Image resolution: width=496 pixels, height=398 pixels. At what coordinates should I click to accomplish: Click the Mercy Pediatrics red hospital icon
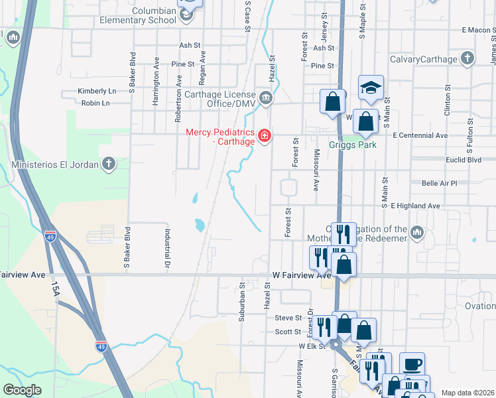[x=265, y=136]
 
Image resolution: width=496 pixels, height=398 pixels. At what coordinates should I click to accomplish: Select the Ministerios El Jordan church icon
[x=109, y=163]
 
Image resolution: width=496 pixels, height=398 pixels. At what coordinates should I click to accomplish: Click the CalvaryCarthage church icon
[x=467, y=59]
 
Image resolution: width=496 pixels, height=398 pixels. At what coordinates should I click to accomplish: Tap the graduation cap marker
[x=371, y=87]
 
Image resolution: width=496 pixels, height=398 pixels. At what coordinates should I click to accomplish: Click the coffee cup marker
[x=412, y=364]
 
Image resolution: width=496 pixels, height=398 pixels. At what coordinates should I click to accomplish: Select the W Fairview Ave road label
[x=301, y=275]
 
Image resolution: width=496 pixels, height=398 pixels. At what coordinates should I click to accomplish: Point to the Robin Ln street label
[x=95, y=103]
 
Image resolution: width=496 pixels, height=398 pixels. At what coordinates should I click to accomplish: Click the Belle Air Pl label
[x=440, y=183]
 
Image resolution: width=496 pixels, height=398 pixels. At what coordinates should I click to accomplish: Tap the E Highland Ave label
[x=416, y=206]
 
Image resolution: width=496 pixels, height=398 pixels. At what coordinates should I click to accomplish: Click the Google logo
[x=22, y=390]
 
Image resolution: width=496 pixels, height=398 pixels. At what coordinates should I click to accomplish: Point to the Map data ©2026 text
[x=467, y=393]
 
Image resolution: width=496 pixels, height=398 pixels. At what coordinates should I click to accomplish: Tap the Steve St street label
[x=288, y=318]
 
